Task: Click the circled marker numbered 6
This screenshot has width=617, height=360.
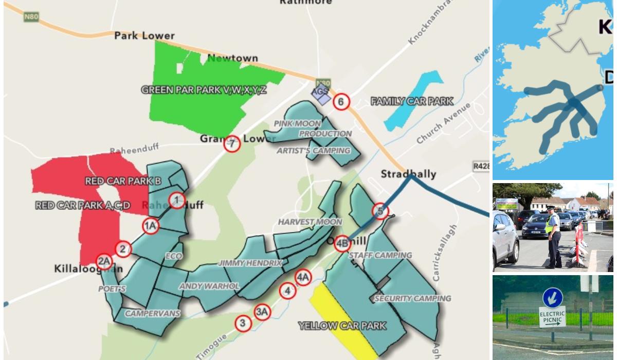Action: [340, 101]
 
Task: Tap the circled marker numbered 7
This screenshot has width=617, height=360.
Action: [232, 143]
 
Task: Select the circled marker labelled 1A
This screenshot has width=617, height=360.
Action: [150, 226]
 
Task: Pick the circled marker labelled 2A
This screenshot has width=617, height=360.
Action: [104, 262]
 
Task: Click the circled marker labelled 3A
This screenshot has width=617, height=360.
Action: [262, 312]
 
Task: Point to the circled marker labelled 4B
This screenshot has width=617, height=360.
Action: [342, 244]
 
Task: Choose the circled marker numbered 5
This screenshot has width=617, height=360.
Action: [380, 211]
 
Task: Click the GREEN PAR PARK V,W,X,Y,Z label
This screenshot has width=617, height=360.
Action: [204, 90]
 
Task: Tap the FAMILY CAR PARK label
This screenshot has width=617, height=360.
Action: [412, 101]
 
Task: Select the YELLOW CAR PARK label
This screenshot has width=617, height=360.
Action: [342, 326]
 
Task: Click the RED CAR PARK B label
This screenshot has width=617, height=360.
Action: [123, 181]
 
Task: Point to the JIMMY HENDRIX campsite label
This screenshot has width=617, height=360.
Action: [251, 263]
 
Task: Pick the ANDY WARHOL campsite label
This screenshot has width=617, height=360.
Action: [209, 286]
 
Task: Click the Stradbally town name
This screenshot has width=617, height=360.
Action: [408, 174]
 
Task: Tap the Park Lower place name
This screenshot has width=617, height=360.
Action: [144, 35]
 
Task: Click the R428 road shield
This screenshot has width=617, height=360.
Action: [481, 166]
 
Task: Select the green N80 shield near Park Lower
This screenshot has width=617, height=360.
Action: [31, 16]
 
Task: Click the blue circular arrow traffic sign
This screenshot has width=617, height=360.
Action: [553, 298]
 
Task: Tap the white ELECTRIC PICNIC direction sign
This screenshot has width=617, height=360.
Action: [552, 317]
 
